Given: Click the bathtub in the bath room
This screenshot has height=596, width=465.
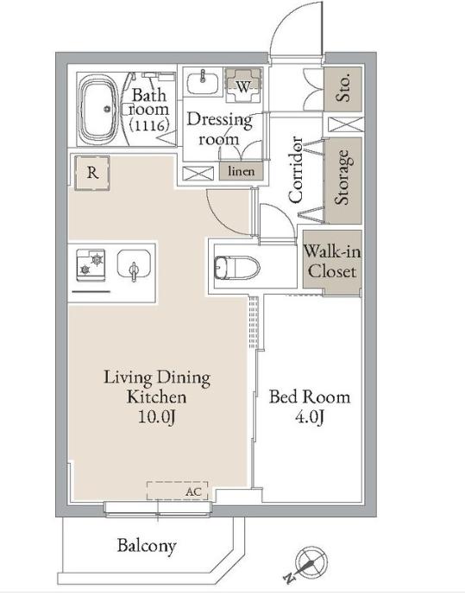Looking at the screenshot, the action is tap(99, 108).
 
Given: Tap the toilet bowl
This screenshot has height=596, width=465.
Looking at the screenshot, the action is tap(236, 266).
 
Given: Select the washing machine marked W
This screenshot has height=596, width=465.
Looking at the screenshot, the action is tap(243, 86).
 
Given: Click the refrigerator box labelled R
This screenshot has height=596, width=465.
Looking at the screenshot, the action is tap(92, 173).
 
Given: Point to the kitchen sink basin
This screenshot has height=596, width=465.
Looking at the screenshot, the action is tap(134, 263).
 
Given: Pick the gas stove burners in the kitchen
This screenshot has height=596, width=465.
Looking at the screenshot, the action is tap(91, 264).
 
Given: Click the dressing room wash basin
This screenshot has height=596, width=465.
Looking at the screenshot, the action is tap(203, 82).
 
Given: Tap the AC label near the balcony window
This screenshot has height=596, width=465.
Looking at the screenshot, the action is tap(193, 491).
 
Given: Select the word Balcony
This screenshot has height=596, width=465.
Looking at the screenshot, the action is tap(147, 546).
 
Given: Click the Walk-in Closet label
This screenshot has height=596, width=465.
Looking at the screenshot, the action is tap(332, 262).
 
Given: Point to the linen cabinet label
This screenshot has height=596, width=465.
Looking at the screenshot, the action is tap(241, 171).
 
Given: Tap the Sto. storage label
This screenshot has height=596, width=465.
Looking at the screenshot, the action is tap(342, 89).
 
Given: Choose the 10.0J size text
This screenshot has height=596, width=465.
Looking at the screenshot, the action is tap(157, 417).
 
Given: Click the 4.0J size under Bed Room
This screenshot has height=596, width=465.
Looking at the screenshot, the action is tap(310, 417).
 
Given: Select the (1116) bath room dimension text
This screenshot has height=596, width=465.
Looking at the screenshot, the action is tap(148, 125).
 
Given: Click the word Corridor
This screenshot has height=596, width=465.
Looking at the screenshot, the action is tap(296, 169).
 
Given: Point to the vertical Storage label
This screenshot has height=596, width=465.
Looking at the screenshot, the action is tap(342, 177).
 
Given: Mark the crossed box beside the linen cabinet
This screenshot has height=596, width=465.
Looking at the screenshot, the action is tap(198, 174).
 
